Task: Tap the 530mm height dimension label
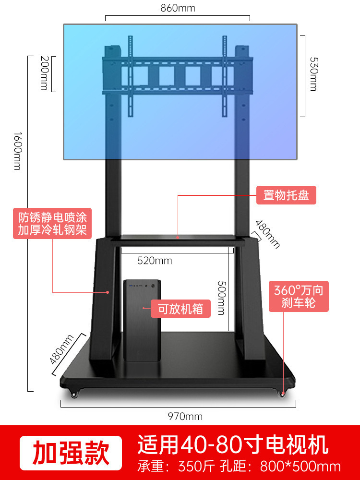313,75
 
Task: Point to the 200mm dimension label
44,74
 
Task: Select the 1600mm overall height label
17,150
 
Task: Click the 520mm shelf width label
155,261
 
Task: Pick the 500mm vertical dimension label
220,298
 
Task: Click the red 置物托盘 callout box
286,195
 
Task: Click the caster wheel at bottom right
283,394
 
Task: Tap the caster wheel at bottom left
74,395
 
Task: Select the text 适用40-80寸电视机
233,445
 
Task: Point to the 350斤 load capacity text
194,467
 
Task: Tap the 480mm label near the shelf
267,234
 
